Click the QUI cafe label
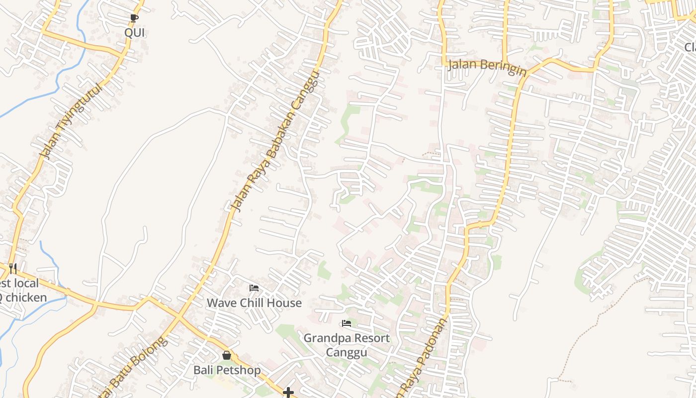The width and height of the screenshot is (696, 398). tap(134, 33)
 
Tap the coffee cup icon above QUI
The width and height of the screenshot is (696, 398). tap(134, 18)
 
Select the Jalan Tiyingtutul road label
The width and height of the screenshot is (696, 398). tap(71, 121)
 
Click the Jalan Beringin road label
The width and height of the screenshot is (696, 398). tap(486, 67)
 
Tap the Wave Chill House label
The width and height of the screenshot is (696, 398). tap(254, 303)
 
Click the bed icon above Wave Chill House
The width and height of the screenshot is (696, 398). tap(254, 288)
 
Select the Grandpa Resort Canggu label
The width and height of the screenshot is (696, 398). tap(347, 345)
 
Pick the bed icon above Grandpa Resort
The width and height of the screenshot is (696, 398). tap(347, 324)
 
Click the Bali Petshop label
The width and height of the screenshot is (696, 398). tap(227, 371)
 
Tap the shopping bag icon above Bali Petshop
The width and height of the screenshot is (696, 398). tap(227, 356)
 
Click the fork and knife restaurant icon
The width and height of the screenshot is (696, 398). tap(13, 269)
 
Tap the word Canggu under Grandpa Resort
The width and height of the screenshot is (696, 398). tap(347, 353)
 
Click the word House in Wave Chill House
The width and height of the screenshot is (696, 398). tap(284, 303)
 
